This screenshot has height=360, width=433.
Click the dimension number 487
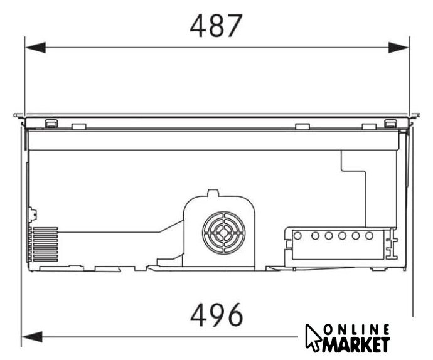[x=216, y=26]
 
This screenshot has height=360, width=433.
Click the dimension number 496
[x=216, y=315]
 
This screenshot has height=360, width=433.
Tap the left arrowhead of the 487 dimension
[x=35, y=48]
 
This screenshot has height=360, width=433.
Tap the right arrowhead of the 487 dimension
[x=398, y=48]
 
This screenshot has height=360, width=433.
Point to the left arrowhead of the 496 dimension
[x=32, y=337]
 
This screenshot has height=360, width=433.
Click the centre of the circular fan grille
[x=223, y=233]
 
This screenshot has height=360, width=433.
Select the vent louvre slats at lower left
[x=43, y=245]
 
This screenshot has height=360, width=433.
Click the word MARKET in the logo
[x=356, y=344]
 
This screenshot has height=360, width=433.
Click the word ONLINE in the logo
[x=356, y=330]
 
